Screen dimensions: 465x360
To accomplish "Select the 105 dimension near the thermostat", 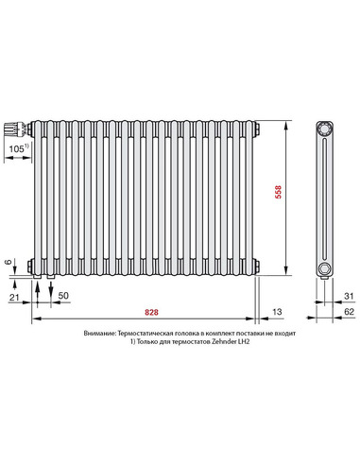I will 17,149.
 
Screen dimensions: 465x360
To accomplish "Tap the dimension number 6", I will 9,263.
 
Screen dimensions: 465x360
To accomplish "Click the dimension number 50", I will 63,297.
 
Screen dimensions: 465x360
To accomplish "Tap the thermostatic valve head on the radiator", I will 15,126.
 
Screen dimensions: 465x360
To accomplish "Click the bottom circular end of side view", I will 325,268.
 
